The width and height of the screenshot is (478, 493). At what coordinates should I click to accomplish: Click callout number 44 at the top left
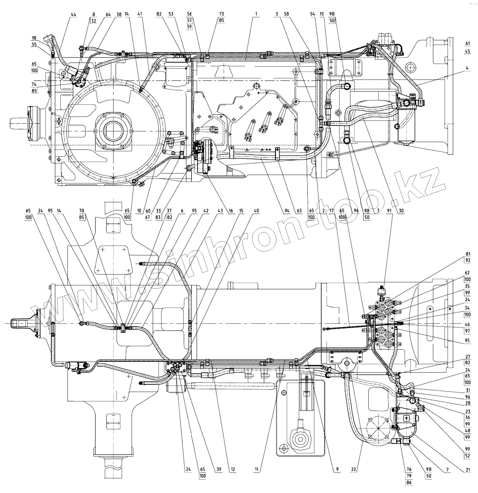(x=73, y=14)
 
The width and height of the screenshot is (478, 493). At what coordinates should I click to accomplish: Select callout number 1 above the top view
(x=256, y=14)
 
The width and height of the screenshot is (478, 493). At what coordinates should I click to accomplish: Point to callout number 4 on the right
(x=467, y=68)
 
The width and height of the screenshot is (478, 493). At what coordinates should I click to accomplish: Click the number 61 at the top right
(x=467, y=43)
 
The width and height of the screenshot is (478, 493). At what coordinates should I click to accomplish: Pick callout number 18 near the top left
(x=34, y=38)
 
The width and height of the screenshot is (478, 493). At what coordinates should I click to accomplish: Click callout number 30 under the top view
(x=401, y=211)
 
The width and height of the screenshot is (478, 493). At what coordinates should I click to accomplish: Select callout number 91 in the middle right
(x=389, y=211)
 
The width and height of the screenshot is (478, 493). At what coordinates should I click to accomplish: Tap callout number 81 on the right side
(x=467, y=254)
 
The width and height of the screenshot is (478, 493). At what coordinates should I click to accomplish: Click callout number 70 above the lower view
(x=81, y=211)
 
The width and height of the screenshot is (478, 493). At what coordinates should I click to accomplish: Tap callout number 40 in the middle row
(x=256, y=211)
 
